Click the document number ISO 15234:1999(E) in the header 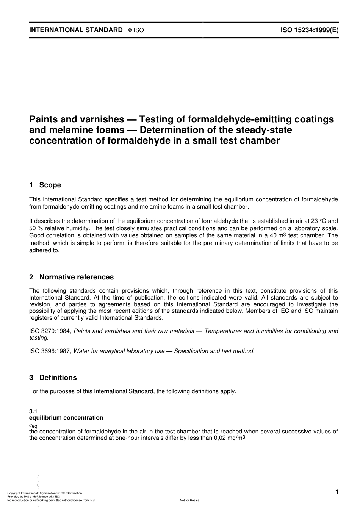(x=309, y=30)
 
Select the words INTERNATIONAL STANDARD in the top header (x=76, y=30)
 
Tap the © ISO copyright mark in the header (x=136, y=30)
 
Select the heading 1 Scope (x=45, y=185)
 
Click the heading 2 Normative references (x=71, y=277)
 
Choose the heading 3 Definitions (x=53, y=378)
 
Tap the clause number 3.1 (x=33, y=411)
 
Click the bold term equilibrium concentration (x=66, y=418)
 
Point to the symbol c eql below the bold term (x=34, y=425)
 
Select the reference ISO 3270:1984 (x=50, y=331)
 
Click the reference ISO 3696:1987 (x=50, y=351)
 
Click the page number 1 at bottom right (x=337, y=492)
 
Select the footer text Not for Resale (x=189, y=500)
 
